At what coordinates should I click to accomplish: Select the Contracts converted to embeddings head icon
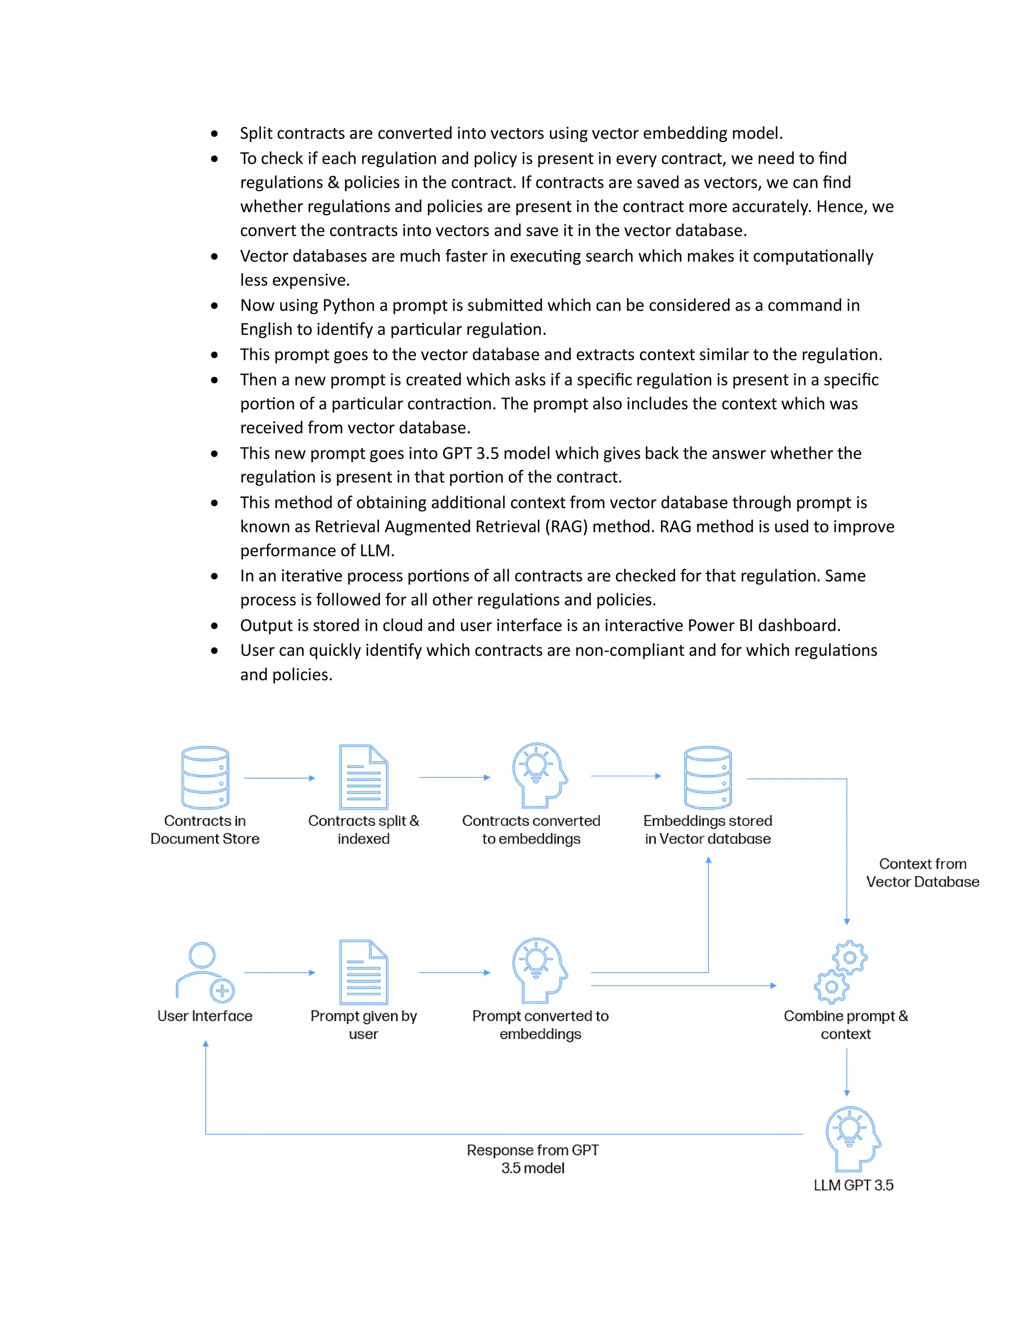pos(539,776)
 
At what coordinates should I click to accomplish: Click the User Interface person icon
pos(204,972)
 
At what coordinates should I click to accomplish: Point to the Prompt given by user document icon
pos(363,972)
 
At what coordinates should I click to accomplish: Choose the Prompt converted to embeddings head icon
pos(539,971)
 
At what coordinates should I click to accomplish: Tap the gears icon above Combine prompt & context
pos(841,972)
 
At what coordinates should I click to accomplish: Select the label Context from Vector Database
pos(922,873)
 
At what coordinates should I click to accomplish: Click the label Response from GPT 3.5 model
pos(532,1159)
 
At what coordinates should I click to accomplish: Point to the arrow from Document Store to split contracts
pos(279,778)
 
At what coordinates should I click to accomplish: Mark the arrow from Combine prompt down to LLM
pos(847,1071)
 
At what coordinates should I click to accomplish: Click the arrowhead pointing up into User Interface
pos(206,1044)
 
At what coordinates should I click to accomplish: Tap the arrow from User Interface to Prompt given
pos(279,972)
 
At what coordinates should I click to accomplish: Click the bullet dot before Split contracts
pos(215,133)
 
